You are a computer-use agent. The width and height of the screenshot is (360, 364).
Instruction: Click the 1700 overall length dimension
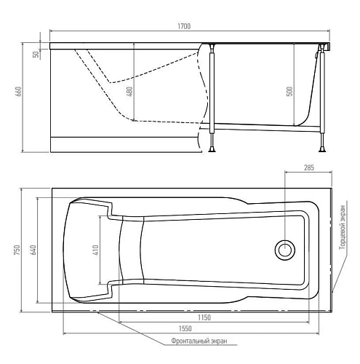[183, 27]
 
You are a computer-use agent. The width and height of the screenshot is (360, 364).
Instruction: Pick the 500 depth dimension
[289, 91]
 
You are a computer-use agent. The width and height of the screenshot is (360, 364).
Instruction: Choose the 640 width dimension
[34, 249]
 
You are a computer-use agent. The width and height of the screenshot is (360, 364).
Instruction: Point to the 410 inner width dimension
[95, 249]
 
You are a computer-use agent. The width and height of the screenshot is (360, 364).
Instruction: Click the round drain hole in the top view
[284, 250]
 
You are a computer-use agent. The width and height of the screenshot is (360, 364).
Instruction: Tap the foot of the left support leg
[212, 150]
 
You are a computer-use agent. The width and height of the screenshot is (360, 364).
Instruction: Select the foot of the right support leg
[323, 150]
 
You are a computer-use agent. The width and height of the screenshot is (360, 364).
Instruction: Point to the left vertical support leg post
[212, 91]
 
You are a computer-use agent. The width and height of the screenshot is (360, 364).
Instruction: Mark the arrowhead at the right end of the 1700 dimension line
[331, 31]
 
